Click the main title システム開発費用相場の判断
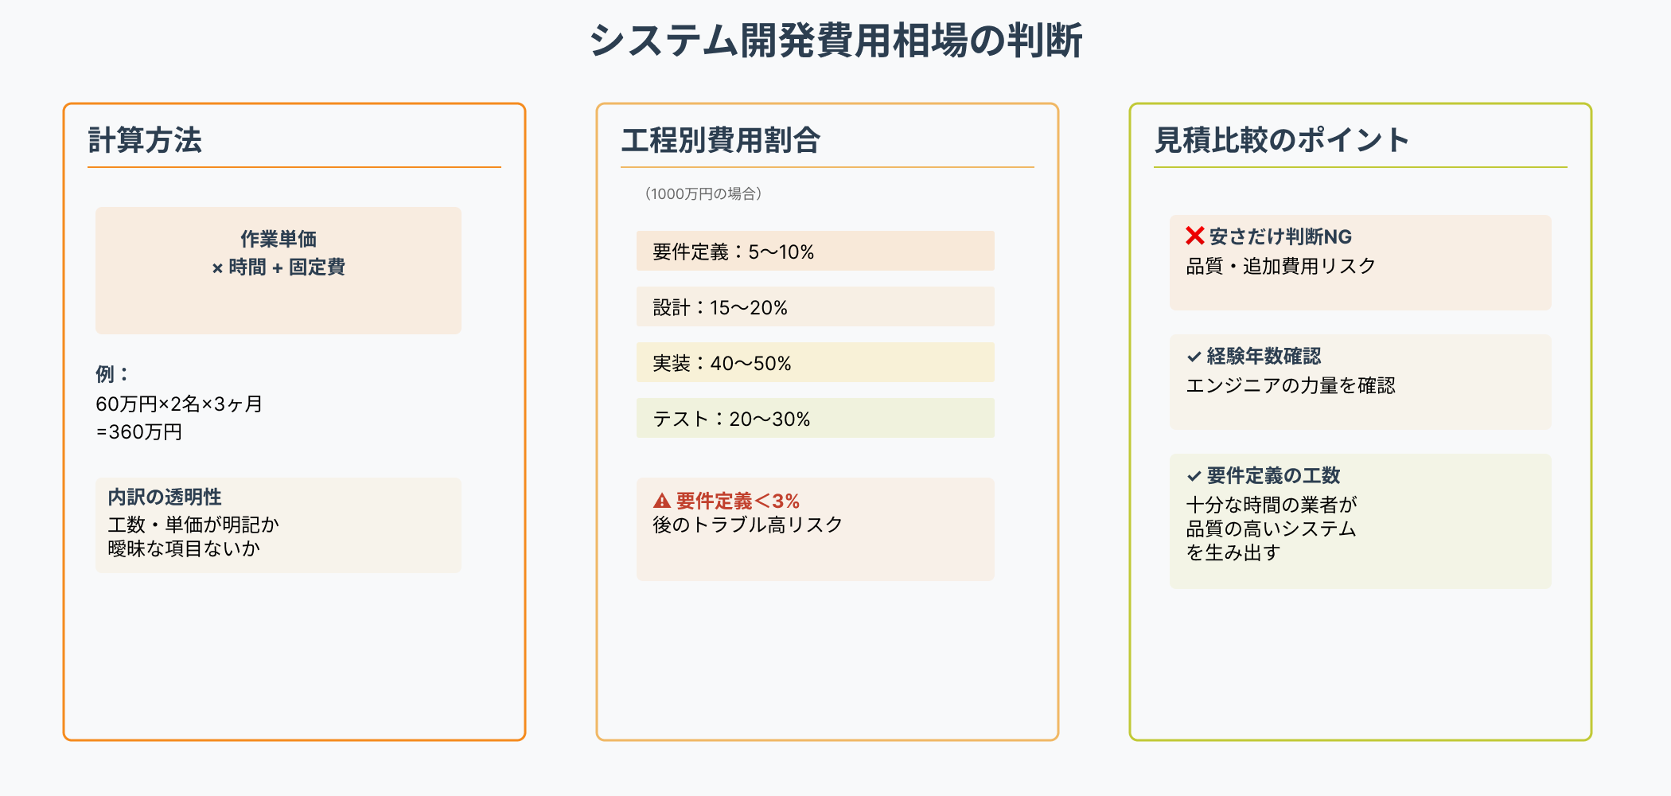[835, 41]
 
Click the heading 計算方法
[145, 140]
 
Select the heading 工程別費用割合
[720, 140]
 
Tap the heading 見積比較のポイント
[1281, 140]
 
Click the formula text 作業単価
[278, 239]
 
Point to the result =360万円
[139, 432]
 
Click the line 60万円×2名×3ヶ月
[179, 404]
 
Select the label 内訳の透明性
[165, 497]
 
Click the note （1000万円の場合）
[703, 193]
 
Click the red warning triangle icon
[662, 501]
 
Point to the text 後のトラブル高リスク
[747, 525]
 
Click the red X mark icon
[1194, 236]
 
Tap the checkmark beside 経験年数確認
[1194, 357]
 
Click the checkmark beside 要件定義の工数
[1194, 476]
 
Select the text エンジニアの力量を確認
[1291, 386]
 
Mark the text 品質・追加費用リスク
[1280, 267]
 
